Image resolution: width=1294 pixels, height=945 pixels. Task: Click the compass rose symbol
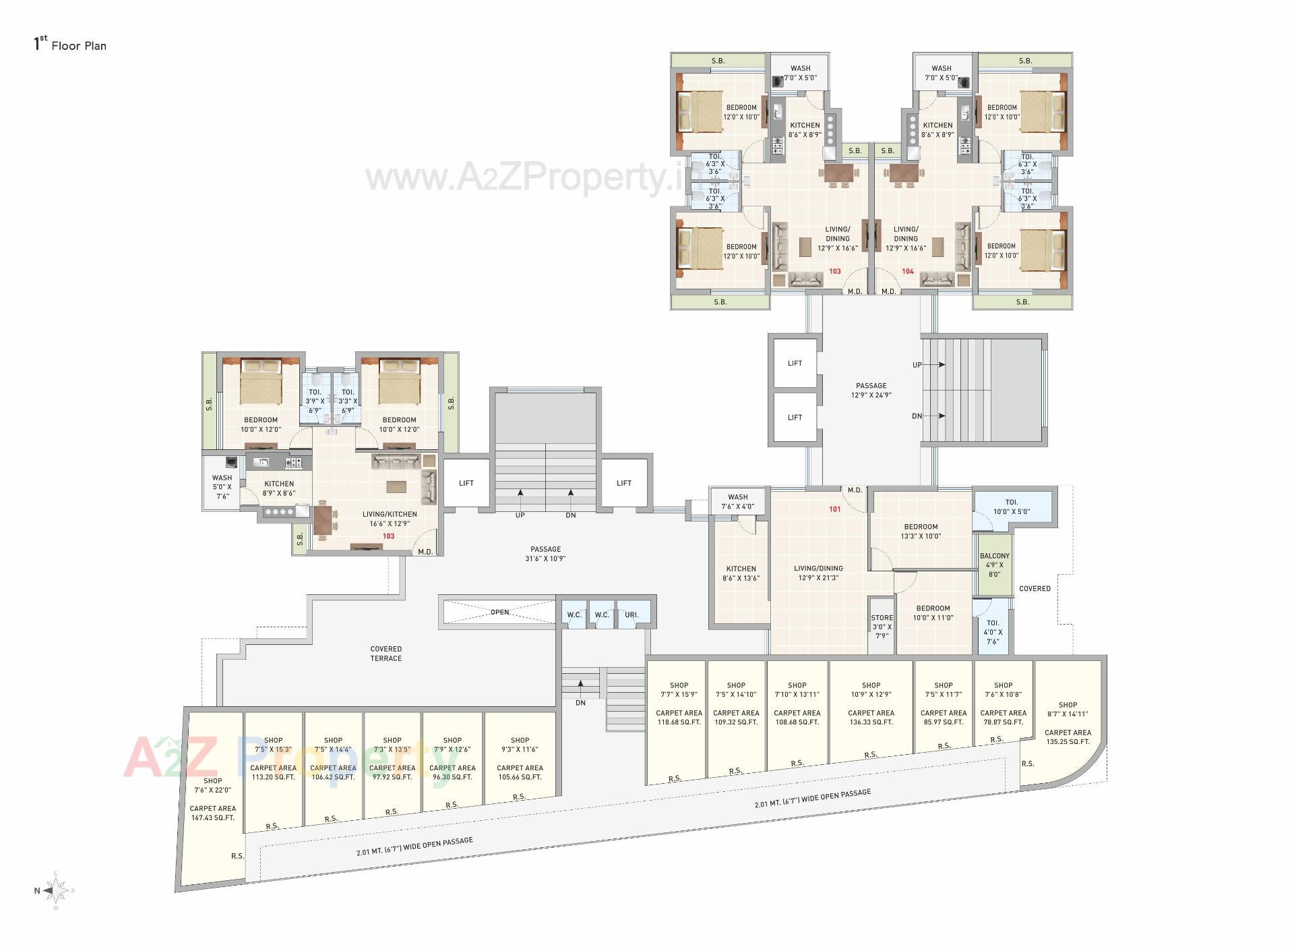tap(57, 890)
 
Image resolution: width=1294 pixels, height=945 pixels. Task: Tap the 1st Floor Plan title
tap(70, 45)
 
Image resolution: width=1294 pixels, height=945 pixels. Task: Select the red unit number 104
tap(908, 271)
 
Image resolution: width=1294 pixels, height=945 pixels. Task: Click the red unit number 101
tap(835, 509)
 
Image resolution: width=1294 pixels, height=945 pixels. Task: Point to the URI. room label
tap(631, 614)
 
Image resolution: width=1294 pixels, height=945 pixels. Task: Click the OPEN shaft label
tap(499, 612)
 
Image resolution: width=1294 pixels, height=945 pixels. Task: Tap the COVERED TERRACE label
tap(386, 654)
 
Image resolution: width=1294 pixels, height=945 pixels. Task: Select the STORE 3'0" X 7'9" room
tap(882, 627)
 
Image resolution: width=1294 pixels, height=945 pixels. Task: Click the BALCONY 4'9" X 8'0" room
tap(995, 565)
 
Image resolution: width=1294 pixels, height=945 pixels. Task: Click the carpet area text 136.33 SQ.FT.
tap(871, 722)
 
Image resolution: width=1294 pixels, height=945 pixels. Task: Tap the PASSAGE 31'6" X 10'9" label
tap(545, 554)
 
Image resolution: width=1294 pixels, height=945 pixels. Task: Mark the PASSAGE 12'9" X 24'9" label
tap(871, 391)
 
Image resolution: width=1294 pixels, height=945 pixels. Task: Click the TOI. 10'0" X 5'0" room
tap(1012, 507)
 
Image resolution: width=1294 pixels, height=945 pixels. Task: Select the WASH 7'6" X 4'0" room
tap(737, 502)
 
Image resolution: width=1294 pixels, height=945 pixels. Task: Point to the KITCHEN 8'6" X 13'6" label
tap(741, 573)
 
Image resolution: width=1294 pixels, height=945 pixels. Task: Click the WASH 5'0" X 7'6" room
tap(222, 486)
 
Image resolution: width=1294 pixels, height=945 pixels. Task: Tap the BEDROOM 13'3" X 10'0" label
tap(921, 532)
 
